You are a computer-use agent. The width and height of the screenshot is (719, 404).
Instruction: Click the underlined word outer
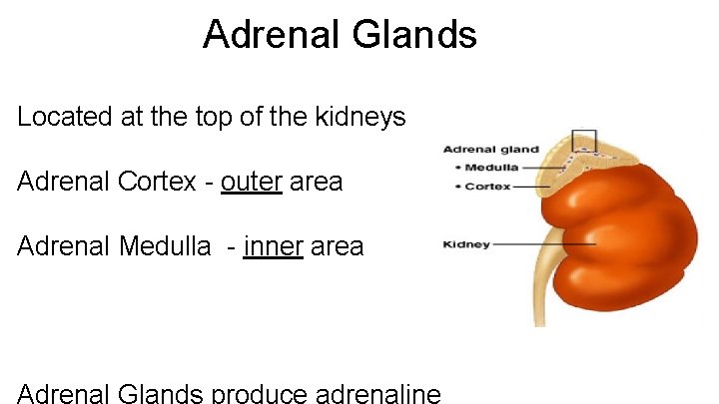252,183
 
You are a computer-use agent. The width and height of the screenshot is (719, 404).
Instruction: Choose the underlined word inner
273,245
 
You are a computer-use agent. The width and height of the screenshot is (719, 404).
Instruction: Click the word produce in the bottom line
258,393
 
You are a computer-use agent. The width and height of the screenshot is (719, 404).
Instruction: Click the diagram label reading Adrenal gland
491,151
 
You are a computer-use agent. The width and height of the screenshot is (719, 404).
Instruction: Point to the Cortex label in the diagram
487,187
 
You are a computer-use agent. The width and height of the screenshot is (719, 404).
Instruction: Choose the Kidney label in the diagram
466,244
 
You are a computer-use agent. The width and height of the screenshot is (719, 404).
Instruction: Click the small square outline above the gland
583,142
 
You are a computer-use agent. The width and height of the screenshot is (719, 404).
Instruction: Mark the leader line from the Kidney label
544,244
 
